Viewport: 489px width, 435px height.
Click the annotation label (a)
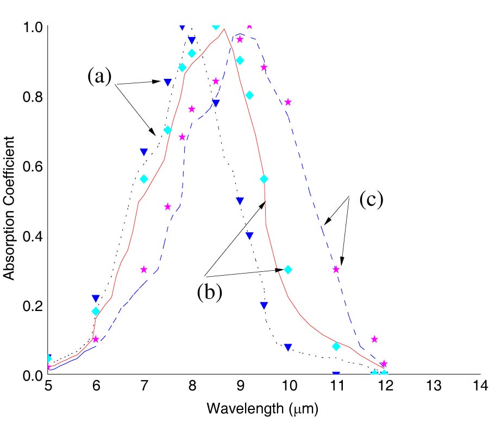(x=99, y=77)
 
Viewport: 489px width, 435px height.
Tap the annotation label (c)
(x=372, y=200)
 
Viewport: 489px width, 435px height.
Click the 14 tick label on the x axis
(x=480, y=386)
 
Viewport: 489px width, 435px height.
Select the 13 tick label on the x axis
(x=432, y=386)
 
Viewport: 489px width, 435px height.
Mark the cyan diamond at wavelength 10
(x=288, y=270)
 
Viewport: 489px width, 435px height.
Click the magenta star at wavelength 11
(x=336, y=269)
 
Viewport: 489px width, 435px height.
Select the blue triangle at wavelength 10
(x=288, y=347)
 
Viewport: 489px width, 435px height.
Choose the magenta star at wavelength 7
(x=144, y=269)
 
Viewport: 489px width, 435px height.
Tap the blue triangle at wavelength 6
(x=96, y=298)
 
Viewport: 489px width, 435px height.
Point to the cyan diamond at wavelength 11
(x=336, y=346)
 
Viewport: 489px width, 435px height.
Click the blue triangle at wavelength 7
(x=144, y=152)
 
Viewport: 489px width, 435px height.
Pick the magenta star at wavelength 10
(x=288, y=102)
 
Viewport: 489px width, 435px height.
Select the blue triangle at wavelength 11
(x=336, y=374)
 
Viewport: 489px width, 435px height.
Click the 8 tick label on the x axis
(x=192, y=386)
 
